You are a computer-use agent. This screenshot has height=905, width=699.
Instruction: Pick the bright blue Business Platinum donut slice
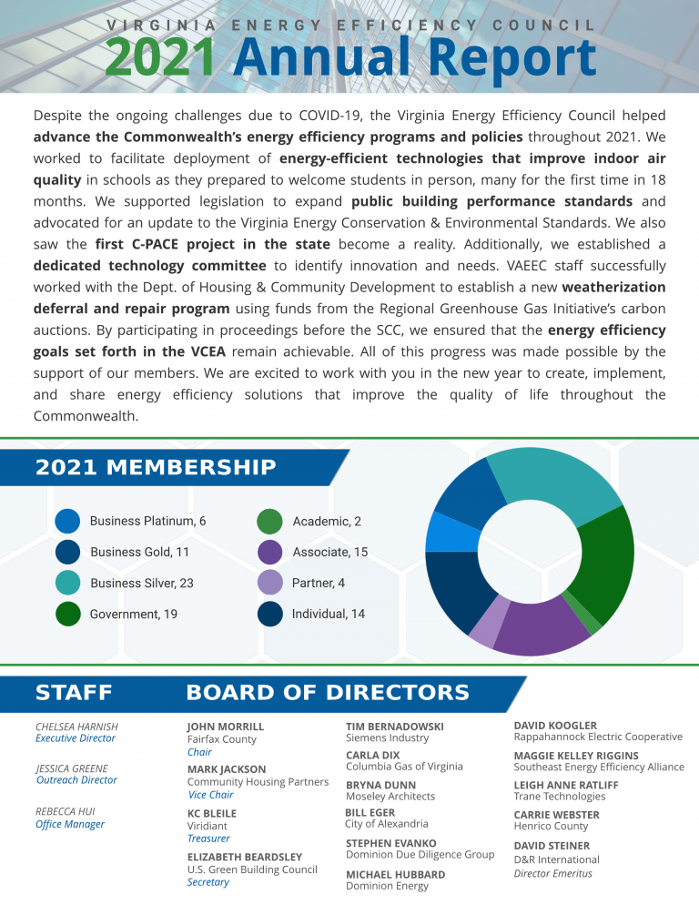pos(443,533)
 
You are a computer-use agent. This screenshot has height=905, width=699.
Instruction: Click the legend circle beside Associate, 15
pos(270,552)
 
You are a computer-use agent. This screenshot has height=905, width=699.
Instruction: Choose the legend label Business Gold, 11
pos(139,552)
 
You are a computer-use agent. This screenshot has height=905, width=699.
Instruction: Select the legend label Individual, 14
pos(328,614)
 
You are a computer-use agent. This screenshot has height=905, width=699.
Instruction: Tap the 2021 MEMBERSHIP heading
pos(156,467)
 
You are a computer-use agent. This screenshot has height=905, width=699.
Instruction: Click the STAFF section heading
pos(74,693)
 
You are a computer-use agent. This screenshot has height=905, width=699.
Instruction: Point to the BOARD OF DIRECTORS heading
pos(328,693)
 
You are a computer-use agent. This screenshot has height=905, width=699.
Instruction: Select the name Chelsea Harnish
pos(76,727)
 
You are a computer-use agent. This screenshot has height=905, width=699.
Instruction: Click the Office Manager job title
pos(70,824)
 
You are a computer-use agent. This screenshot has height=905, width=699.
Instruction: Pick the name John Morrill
pos(226,727)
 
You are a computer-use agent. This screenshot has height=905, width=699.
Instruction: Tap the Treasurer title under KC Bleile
pos(208,838)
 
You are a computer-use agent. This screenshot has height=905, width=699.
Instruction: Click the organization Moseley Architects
pos(390,797)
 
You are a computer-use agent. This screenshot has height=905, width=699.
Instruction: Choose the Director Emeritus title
pos(552,873)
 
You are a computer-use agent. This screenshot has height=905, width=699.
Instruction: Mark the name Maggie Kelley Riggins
pos(576,756)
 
